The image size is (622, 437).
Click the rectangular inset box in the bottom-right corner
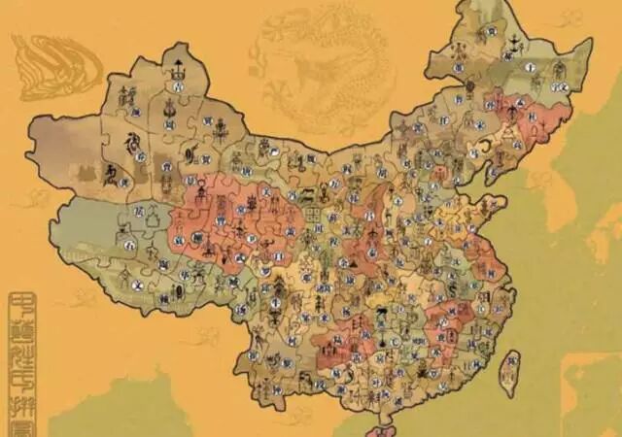coord(593,393)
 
